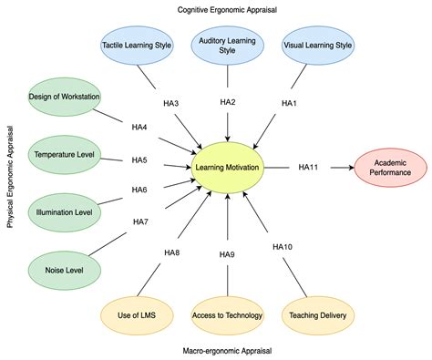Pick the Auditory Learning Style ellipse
(227, 45)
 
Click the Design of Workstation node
(63, 98)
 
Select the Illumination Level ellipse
(63, 211)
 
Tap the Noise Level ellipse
(63, 269)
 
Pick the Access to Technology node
(227, 315)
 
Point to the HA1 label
(289, 104)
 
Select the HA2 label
(227, 103)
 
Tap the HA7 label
(140, 221)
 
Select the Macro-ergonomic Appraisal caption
(227, 350)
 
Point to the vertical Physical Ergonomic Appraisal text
(11, 180)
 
